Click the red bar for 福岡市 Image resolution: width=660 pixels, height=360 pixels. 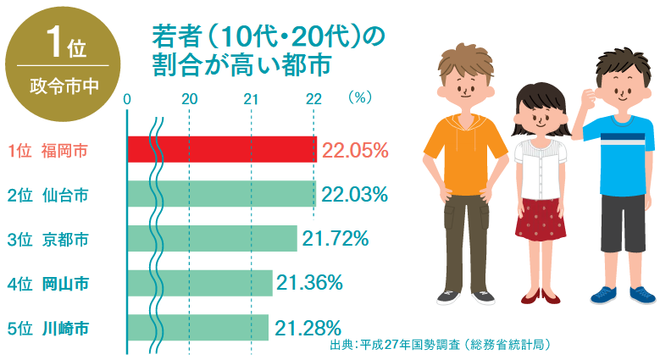coord(222,149)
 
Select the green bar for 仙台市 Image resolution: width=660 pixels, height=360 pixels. coord(222,193)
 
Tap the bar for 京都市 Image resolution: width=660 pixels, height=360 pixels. coord(212,238)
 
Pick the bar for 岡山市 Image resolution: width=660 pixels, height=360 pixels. coord(200,282)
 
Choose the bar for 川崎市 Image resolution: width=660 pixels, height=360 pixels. coord(198,327)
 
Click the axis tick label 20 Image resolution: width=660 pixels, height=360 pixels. coord(190,99)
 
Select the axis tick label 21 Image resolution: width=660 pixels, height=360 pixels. coord(252,99)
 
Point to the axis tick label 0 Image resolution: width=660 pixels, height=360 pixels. coord(127,99)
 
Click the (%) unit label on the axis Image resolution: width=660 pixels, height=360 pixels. coord(360,97)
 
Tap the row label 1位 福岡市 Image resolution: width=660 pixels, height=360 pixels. coord(47,151)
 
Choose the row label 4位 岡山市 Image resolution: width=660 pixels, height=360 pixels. coord(47,283)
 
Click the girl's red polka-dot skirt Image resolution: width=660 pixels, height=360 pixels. coord(540,218)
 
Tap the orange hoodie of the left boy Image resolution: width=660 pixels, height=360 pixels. coord(463,152)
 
